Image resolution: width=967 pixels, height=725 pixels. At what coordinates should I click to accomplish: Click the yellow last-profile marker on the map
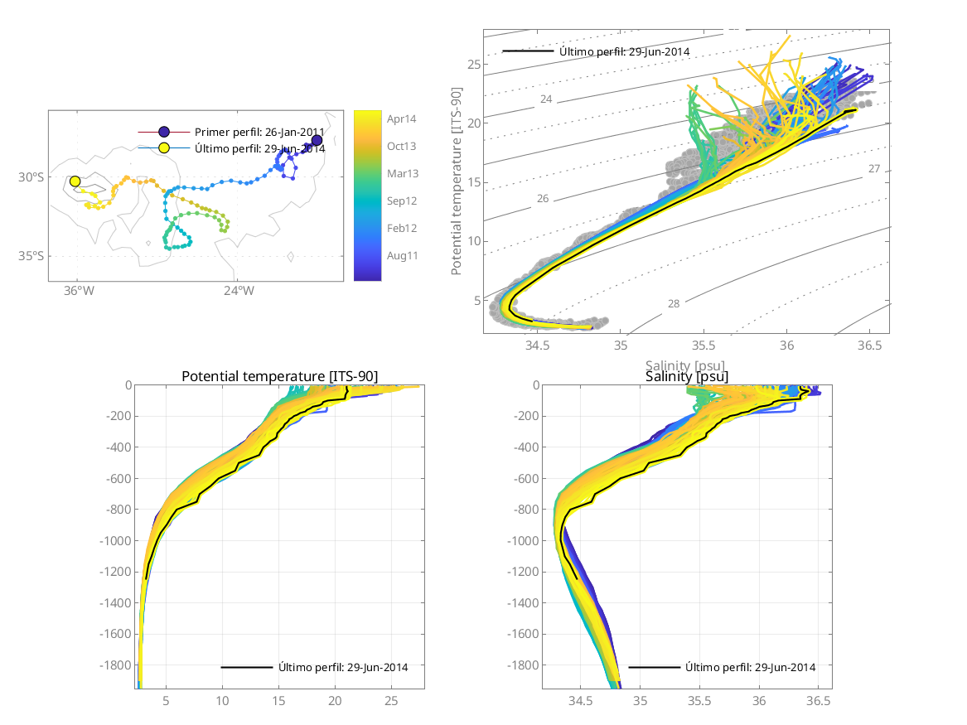click(75, 181)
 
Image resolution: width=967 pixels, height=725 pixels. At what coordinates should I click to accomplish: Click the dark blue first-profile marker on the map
click(317, 140)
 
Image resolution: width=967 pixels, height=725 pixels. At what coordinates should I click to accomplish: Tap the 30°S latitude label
click(31, 177)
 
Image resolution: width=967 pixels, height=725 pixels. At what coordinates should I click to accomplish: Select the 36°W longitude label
click(77, 291)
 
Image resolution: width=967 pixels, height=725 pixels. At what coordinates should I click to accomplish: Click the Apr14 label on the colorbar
click(402, 118)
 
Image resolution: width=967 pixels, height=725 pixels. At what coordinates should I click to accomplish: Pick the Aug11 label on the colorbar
click(402, 255)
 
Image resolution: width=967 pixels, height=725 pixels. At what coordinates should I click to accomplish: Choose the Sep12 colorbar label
click(402, 201)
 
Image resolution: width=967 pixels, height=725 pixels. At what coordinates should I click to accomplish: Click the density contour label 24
click(545, 99)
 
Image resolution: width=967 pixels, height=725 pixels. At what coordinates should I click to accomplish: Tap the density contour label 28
click(673, 304)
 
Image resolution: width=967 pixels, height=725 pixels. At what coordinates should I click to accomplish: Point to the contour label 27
click(873, 169)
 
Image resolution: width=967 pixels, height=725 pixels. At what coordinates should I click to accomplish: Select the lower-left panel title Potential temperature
click(279, 377)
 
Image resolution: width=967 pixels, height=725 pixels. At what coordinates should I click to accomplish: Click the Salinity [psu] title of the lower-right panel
click(687, 377)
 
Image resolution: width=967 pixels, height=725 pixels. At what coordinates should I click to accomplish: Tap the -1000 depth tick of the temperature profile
click(115, 541)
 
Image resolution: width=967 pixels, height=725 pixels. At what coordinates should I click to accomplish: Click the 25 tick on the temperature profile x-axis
click(391, 701)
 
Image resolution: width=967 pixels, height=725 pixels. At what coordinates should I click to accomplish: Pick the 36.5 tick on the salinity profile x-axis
click(818, 701)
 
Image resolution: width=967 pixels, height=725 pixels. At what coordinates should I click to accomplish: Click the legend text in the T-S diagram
click(624, 51)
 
